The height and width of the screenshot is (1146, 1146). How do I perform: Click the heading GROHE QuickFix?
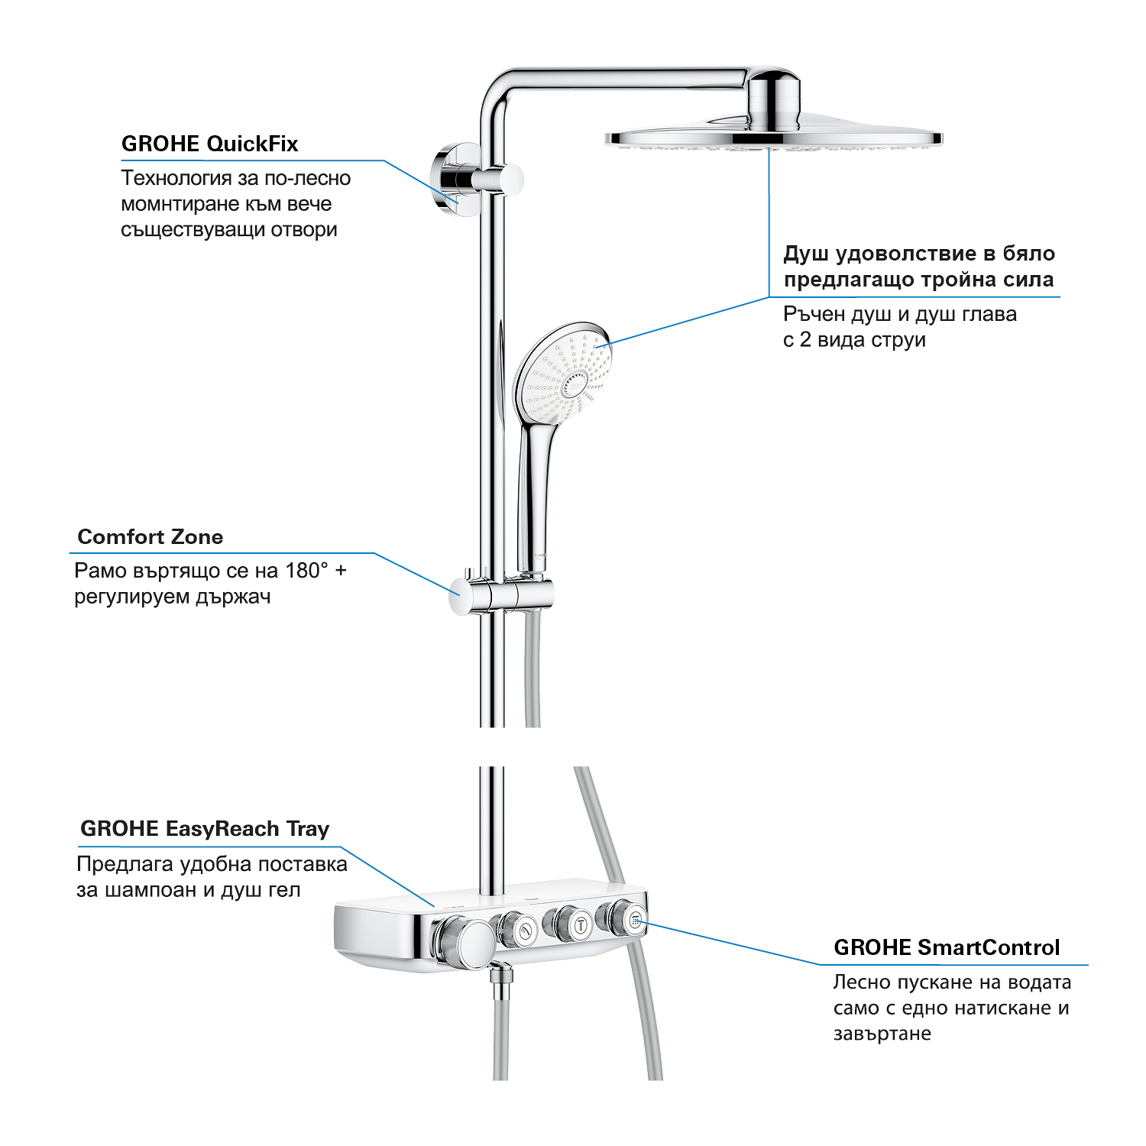209,144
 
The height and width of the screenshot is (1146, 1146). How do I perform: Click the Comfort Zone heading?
151,537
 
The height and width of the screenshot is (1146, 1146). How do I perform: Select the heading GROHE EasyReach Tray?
205,829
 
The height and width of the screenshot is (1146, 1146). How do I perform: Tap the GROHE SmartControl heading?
947,947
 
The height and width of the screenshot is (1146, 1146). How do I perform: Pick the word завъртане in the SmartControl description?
882,1034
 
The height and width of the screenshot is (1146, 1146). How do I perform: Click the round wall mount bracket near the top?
449,177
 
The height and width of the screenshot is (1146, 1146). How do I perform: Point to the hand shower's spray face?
563,373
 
